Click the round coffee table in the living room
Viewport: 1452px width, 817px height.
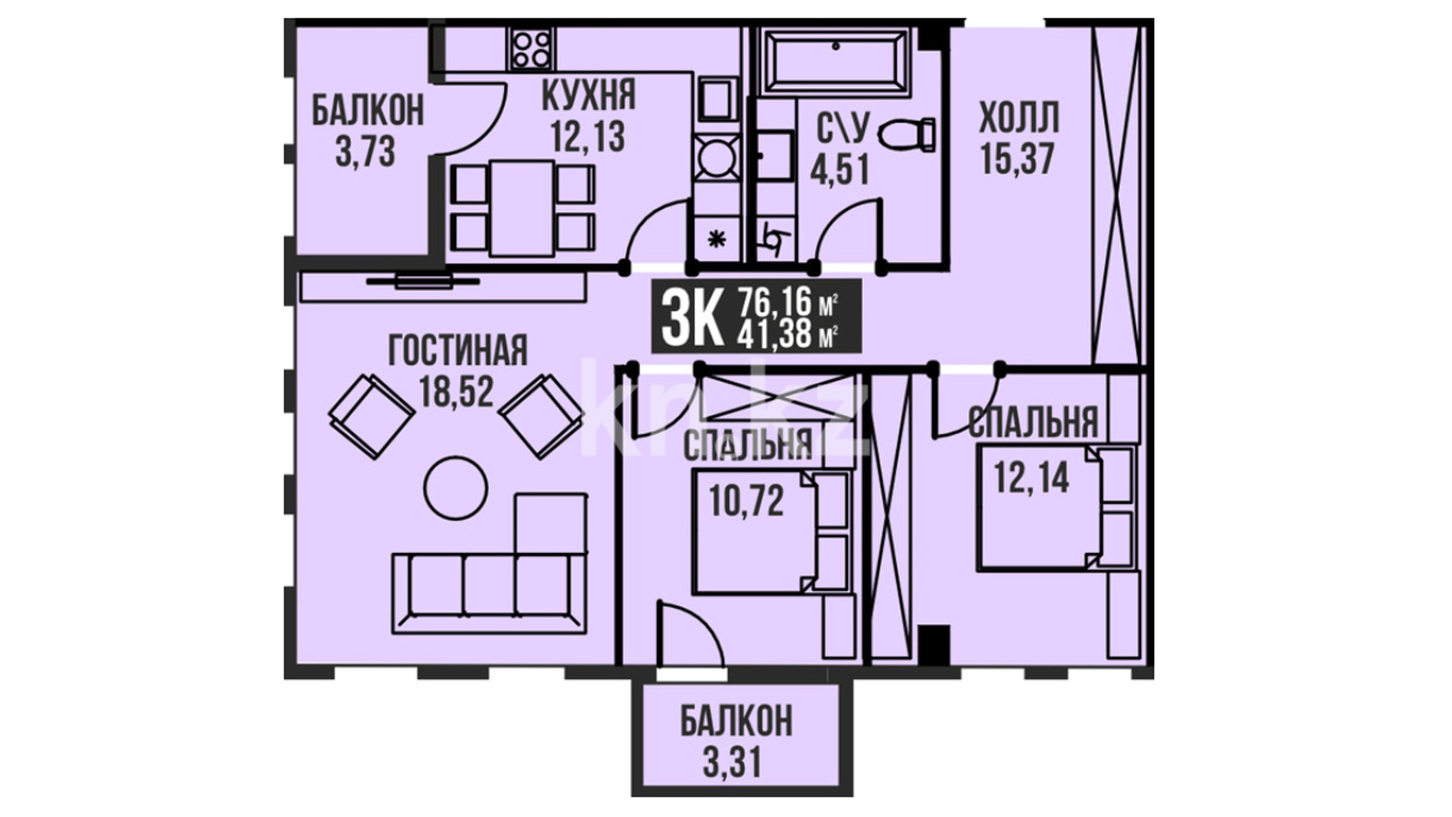tap(455, 488)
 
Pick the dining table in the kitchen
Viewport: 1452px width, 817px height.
tap(523, 208)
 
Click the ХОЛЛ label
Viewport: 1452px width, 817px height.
tap(1019, 119)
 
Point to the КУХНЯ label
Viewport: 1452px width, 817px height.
tap(589, 96)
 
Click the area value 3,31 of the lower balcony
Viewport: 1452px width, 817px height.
tap(731, 762)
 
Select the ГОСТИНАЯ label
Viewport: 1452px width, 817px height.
tap(458, 351)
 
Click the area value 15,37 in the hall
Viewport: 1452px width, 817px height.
tap(1017, 159)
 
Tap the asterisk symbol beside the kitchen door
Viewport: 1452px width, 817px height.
tap(715, 241)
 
